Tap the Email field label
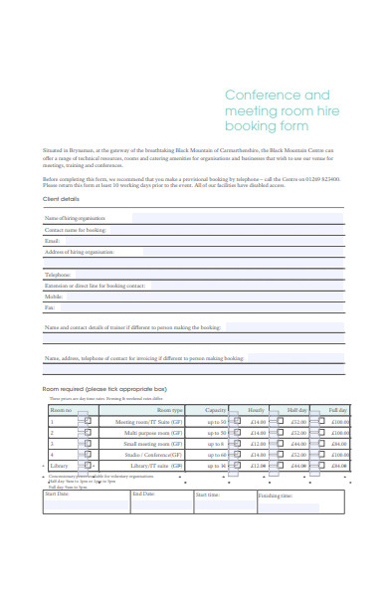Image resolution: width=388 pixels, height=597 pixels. (53, 241)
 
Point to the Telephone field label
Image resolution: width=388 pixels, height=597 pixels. (58, 274)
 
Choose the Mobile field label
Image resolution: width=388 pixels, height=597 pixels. (54, 297)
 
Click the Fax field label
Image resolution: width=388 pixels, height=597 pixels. (50, 307)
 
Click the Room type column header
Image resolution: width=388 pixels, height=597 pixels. (170, 409)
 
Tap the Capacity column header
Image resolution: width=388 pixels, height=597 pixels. (216, 409)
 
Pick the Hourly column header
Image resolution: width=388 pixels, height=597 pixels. (256, 409)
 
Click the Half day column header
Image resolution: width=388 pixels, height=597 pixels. (296, 409)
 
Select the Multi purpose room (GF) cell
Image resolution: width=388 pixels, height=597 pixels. (153, 433)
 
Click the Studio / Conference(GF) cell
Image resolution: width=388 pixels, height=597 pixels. (155, 455)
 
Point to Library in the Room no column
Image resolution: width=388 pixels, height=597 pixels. (60, 466)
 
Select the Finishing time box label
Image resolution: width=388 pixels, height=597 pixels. (276, 495)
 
